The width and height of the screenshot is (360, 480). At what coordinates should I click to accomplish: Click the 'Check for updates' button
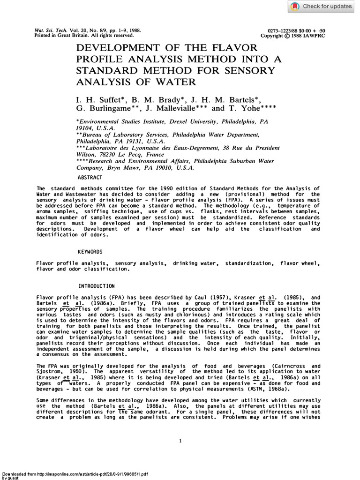[321, 7]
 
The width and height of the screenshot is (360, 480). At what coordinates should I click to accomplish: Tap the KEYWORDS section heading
[91, 252]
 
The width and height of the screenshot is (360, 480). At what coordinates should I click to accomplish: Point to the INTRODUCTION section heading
[97, 285]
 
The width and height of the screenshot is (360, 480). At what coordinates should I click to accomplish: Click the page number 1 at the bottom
[180, 441]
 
